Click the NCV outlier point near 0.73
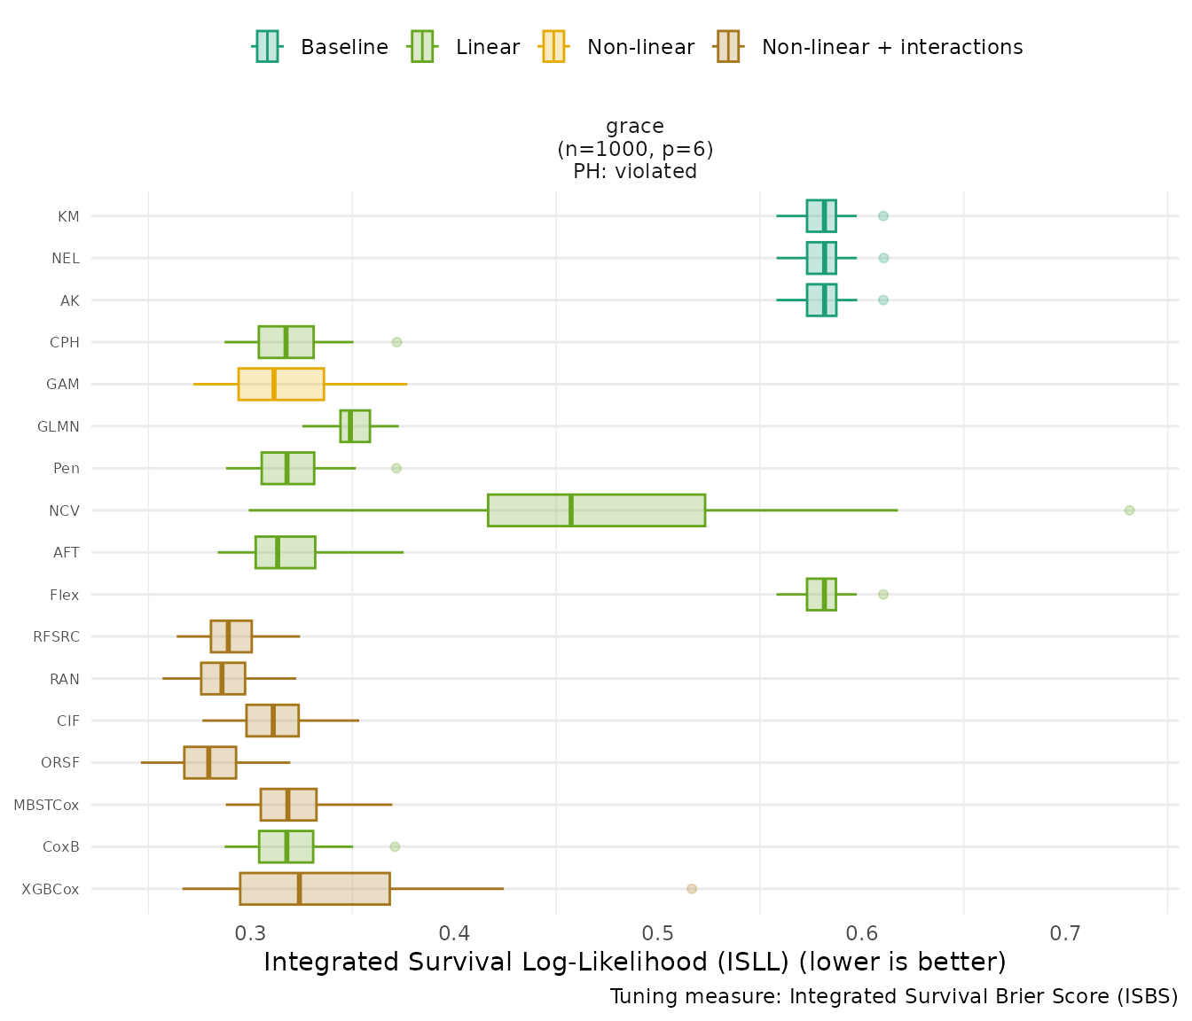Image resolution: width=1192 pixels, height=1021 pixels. (x=1129, y=510)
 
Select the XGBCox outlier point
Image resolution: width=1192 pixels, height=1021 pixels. (x=692, y=889)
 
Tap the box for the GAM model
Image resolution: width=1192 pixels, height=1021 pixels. (x=281, y=385)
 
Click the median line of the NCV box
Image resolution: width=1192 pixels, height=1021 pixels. (x=571, y=510)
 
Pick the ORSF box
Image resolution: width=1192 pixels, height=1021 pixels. (x=210, y=763)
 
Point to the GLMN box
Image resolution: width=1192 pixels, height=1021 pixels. (x=355, y=426)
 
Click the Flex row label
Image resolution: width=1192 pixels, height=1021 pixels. (x=65, y=596)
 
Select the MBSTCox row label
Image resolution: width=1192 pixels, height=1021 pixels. (x=46, y=806)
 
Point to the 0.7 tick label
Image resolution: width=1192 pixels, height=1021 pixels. (x=1065, y=933)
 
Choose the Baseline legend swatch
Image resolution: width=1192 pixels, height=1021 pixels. (x=267, y=46)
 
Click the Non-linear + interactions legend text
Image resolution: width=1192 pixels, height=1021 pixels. (x=892, y=47)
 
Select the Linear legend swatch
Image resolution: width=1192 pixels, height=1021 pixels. (x=421, y=46)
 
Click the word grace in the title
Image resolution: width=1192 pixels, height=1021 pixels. (x=635, y=127)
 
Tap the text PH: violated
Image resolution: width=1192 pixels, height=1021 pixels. (x=635, y=172)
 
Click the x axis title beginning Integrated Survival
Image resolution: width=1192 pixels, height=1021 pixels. (x=635, y=962)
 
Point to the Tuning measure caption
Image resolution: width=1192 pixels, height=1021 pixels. (x=893, y=997)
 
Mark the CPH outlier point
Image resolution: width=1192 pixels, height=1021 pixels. (x=397, y=342)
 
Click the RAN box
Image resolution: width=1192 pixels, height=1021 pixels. (x=223, y=679)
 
